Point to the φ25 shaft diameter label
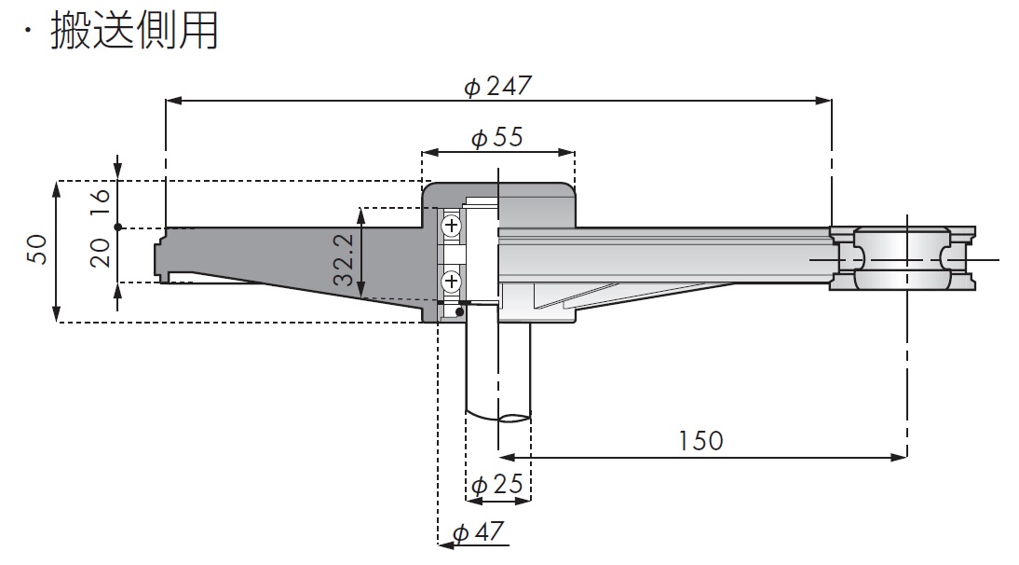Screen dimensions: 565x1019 click(x=496, y=485)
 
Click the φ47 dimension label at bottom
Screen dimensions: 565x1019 click(x=479, y=532)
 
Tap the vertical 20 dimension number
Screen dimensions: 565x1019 click(x=101, y=252)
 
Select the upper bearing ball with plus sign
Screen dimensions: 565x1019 click(x=451, y=226)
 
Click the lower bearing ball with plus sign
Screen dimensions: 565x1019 click(x=451, y=280)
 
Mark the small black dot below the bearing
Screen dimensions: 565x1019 click(x=460, y=311)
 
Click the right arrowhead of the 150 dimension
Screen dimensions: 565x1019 click(x=901, y=457)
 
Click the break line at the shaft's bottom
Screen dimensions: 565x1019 click(x=499, y=417)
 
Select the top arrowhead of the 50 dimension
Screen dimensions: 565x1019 click(x=58, y=187)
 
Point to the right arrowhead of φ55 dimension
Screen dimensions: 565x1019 click(x=568, y=150)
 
